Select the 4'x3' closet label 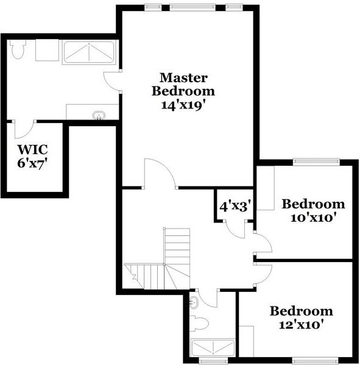tap(236, 206)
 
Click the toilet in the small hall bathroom tap(202, 324)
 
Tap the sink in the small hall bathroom tap(194, 302)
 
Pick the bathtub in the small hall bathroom tap(213, 348)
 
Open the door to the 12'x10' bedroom tap(263, 274)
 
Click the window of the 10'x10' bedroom tap(316, 161)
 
